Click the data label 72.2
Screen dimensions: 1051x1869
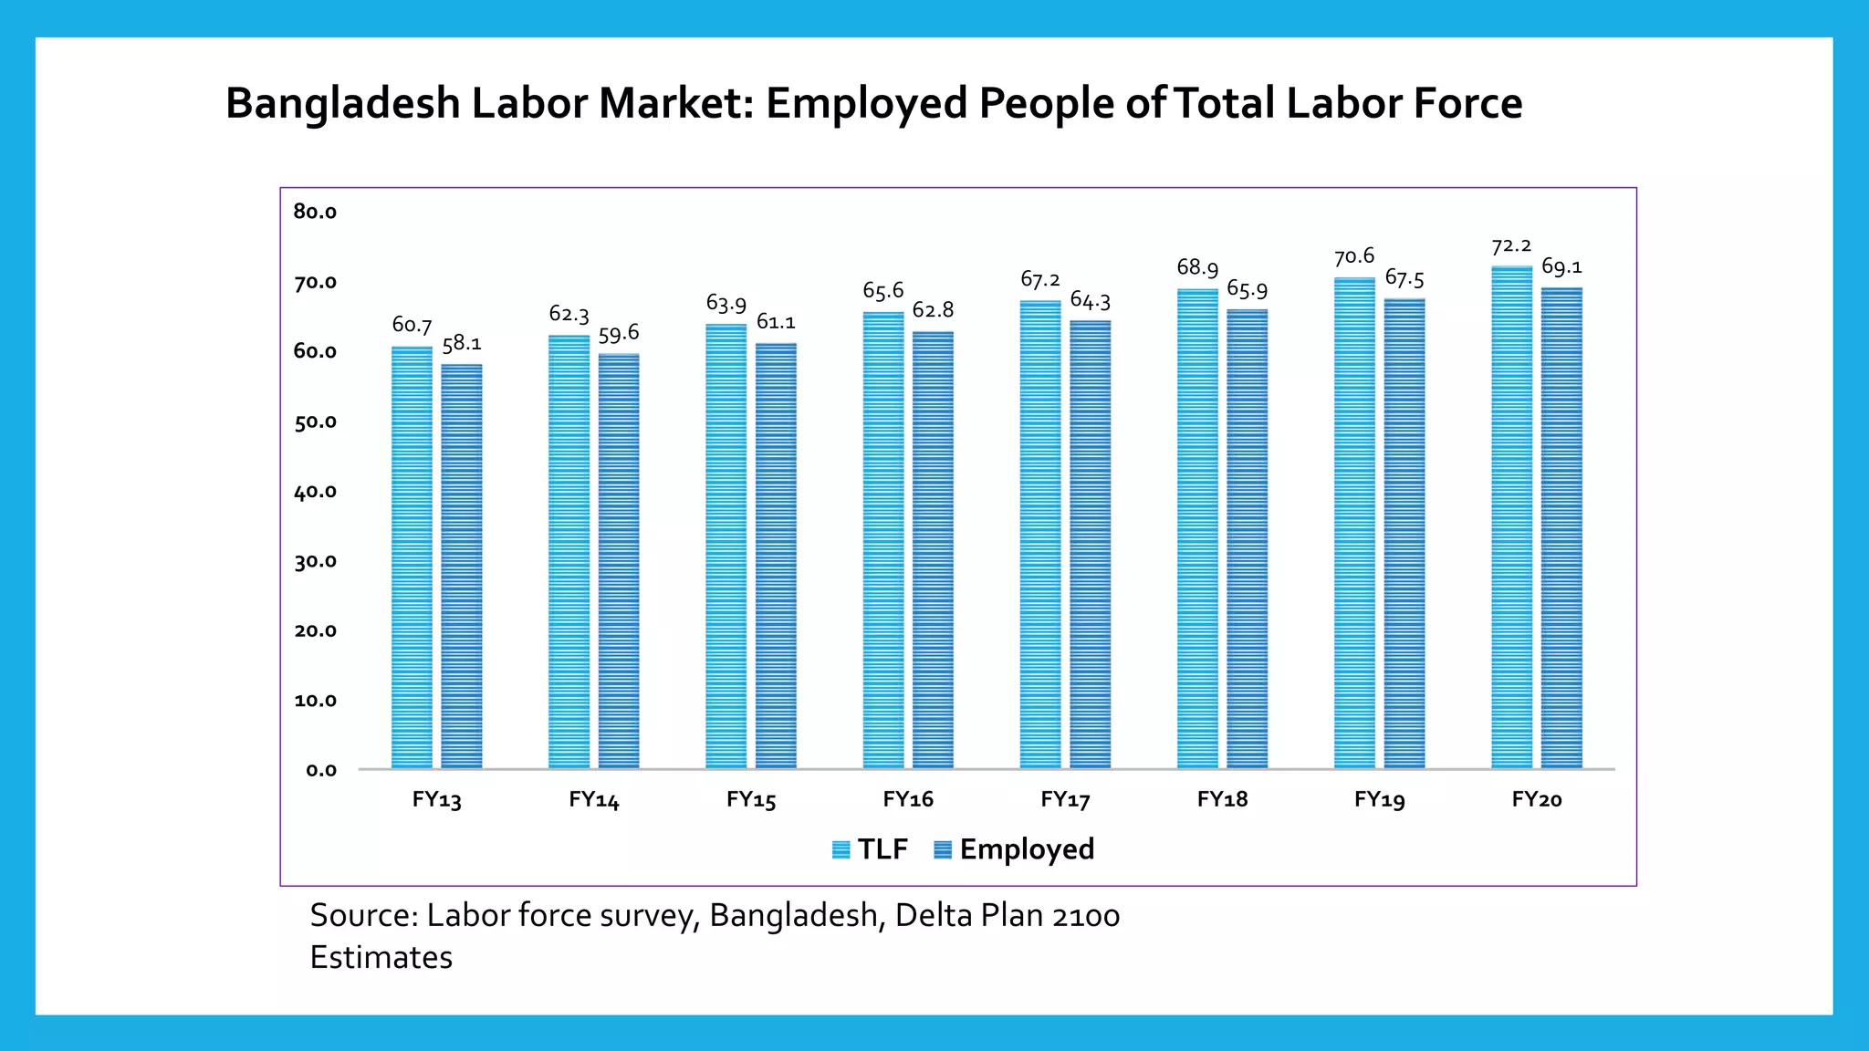(1511, 246)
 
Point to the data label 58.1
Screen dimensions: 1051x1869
(462, 344)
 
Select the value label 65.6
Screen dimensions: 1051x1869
(882, 291)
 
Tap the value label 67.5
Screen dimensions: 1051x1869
(1404, 278)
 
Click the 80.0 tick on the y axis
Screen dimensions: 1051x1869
(315, 212)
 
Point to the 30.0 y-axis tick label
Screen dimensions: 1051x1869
(315, 561)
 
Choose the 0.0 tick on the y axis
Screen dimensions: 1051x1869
(320, 770)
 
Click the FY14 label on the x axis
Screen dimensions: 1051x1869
(594, 800)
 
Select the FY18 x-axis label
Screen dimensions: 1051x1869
(1222, 799)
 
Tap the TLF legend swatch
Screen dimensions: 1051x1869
(841, 849)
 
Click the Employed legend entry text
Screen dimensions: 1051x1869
(1027, 849)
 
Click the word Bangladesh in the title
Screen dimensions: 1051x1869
(342, 103)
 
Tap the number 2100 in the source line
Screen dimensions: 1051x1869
(1085, 915)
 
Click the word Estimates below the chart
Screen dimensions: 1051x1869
(381, 957)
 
